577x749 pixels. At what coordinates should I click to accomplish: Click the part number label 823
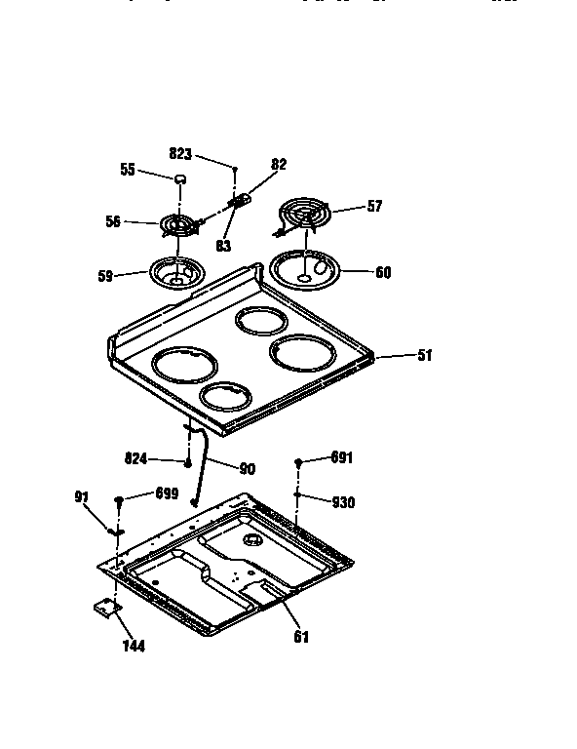[180, 153]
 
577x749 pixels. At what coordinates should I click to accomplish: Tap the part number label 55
[128, 169]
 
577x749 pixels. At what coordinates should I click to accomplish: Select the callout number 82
[279, 165]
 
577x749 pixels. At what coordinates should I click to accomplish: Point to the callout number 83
[223, 247]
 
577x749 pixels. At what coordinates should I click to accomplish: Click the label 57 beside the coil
[374, 207]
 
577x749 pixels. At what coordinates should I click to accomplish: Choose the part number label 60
[383, 273]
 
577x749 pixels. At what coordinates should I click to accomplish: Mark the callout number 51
[424, 355]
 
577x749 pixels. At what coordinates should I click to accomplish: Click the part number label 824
[137, 456]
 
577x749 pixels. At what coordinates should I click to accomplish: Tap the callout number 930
[343, 502]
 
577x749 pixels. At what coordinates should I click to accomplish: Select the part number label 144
[134, 646]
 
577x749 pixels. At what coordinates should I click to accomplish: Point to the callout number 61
[301, 638]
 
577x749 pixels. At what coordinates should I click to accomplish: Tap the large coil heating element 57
[303, 214]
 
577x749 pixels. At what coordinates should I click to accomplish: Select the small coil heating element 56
[175, 226]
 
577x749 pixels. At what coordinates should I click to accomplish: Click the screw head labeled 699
[119, 500]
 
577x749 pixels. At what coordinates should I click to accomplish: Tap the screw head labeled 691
[298, 462]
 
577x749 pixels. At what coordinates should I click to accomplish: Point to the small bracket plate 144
[104, 608]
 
